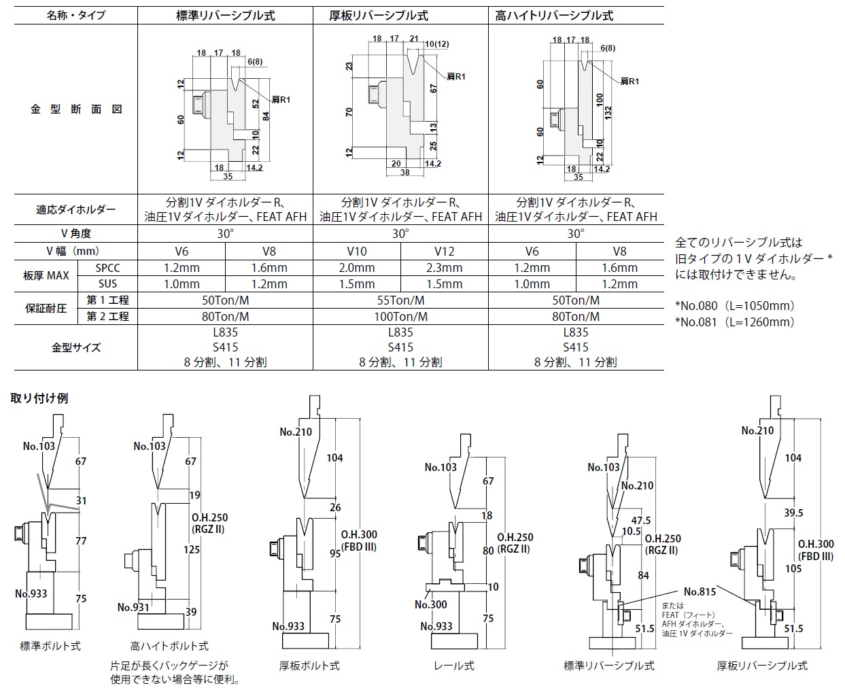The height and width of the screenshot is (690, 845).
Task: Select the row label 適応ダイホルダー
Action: pos(75,209)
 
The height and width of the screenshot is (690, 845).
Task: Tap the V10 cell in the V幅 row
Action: pos(356,252)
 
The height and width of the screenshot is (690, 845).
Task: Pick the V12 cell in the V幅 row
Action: pos(444,252)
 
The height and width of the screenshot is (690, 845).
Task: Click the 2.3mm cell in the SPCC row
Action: pos(444,268)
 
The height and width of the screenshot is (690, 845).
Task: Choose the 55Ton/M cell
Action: pos(400,300)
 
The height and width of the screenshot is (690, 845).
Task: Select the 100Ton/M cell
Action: pos(400,317)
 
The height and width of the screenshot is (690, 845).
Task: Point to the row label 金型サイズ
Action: pos(75,347)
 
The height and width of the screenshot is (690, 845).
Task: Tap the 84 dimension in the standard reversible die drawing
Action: pos(265,116)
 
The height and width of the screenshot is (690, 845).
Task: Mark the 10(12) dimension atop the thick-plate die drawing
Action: pos(436,44)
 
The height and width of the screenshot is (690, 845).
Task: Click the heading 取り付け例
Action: pos(39,398)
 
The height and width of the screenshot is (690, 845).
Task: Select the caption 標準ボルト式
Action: pos(50,646)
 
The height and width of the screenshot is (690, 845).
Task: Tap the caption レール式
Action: pos(454,666)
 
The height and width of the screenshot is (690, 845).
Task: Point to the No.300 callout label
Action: pos(431,604)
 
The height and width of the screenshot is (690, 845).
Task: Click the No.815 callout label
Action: pos(700,591)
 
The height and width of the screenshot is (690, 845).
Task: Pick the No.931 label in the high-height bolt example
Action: pos(133,607)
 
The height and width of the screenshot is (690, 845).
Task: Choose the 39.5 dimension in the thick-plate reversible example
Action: pos(793,513)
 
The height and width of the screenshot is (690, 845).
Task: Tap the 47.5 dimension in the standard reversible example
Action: pos(641,520)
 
